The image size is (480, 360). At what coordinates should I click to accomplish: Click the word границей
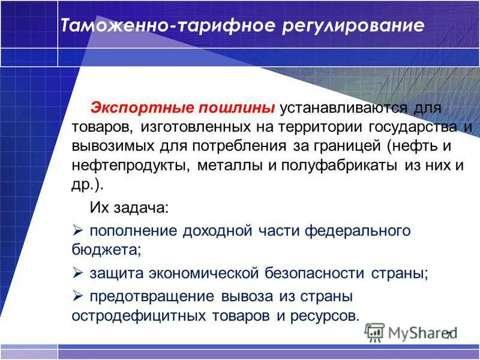pyautogui.click(x=348, y=146)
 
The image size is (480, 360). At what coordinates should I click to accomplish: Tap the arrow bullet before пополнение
pyautogui.click(x=76, y=230)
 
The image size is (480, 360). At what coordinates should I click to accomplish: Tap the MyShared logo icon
pyautogui.click(x=374, y=332)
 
